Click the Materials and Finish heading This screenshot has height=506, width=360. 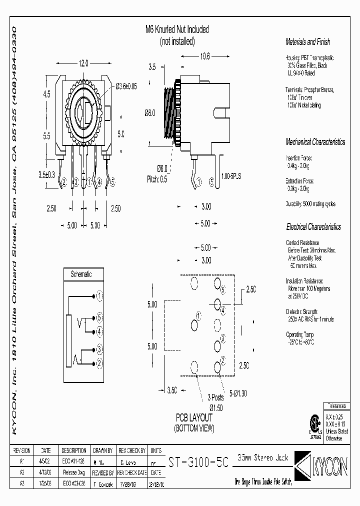pyautogui.click(x=307, y=42)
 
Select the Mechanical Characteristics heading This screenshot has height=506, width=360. pyautogui.click(x=315, y=142)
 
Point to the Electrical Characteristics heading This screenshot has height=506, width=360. pyautogui.click(x=313, y=226)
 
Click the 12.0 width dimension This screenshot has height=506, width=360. pyautogui.click(x=83, y=63)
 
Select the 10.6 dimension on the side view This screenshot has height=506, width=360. pyautogui.click(x=204, y=56)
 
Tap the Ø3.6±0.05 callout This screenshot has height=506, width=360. pyautogui.click(x=126, y=86)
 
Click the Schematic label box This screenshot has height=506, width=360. pyautogui.click(x=84, y=274)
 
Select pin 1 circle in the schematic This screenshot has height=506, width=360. pyautogui.click(x=100, y=296)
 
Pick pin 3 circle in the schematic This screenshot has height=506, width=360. pyautogui.click(x=100, y=349)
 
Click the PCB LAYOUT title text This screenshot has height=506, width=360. pyautogui.click(x=193, y=417)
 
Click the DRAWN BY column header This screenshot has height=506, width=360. pyautogui.click(x=103, y=450)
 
